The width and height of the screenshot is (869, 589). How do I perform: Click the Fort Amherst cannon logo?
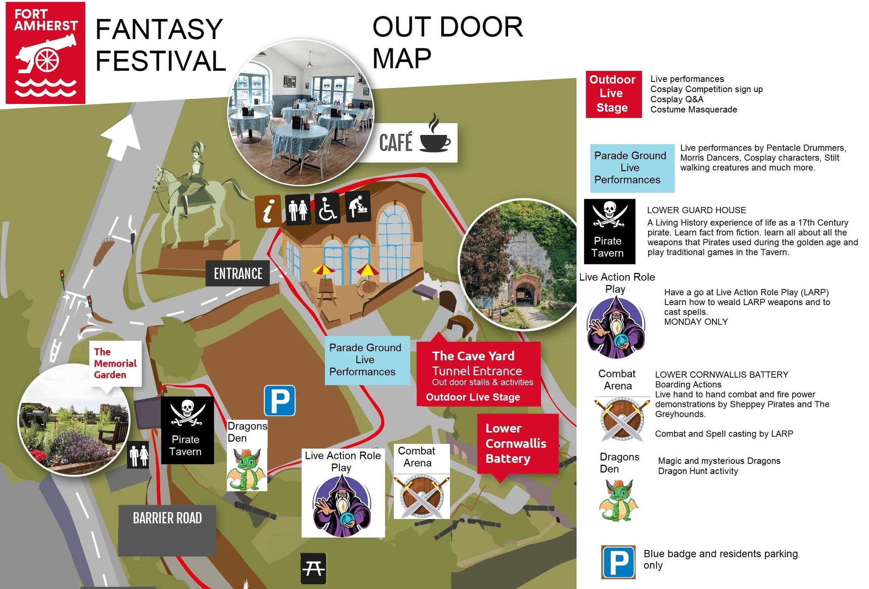click(45, 53)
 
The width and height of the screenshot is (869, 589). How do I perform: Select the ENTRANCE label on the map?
click(238, 274)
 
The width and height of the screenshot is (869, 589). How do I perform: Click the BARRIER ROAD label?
click(167, 519)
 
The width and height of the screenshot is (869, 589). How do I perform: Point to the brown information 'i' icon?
click(268, 211)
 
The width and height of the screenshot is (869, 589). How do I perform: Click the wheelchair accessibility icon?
click(327, 208)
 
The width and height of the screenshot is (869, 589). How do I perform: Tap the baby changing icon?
click(358, 206)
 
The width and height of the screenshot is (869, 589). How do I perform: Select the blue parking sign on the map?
click(280, 401)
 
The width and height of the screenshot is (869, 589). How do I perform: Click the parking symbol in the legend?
click(618, 562)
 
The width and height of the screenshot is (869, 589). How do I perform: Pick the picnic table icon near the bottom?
click(313, 569)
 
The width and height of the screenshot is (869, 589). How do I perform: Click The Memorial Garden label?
click(115, 364)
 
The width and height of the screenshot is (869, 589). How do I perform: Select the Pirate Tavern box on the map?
click(187, 430)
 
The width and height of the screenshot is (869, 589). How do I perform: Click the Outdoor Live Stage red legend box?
click(613, 94)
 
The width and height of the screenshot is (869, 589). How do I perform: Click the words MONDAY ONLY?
click(695, 322)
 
